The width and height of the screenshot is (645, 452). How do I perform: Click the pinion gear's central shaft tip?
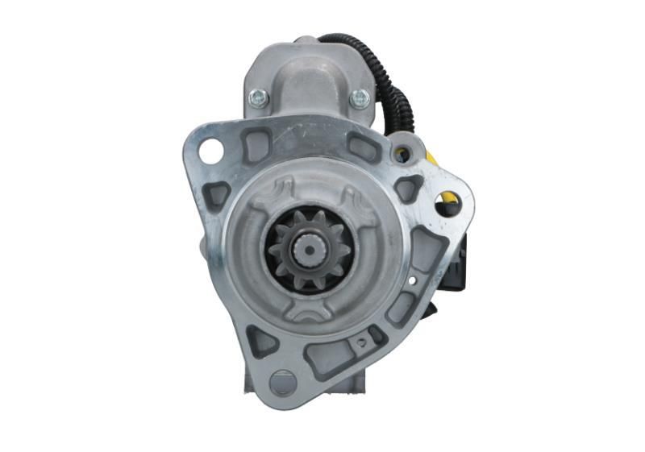(310, 250)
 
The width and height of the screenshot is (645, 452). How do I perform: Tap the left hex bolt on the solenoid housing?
(259, 97)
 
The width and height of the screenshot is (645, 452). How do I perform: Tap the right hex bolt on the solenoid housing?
(360, 99)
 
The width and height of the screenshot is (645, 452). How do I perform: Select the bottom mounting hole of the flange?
(282, 381)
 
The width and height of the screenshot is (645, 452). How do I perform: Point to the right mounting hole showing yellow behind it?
(448, 203)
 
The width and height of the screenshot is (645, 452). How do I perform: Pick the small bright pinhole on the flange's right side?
(413, 280)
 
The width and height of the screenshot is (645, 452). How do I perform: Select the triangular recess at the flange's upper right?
(408, 187)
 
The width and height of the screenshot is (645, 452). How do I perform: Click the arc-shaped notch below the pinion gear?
(308, 308)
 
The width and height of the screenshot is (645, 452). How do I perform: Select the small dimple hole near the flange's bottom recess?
(361, 342)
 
